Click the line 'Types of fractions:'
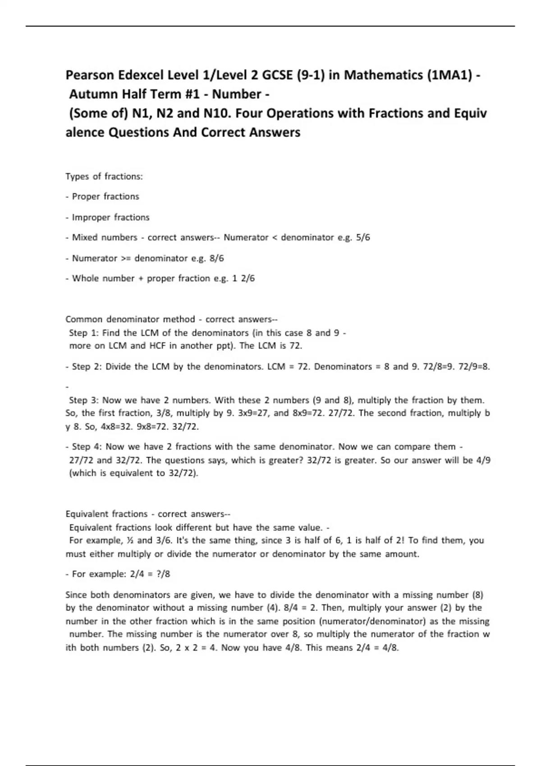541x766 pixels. [104, 176]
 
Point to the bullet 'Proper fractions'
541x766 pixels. [105, 196]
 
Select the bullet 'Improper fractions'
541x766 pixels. [110, 217]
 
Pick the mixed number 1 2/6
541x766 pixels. [243, 278]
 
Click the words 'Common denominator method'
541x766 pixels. [130, 319]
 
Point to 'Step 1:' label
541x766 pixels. [84, 333]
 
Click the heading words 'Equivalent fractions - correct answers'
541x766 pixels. [147, 514]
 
